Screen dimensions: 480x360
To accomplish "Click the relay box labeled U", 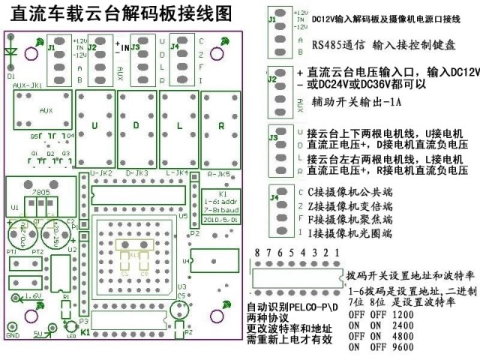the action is (x=95, y=126).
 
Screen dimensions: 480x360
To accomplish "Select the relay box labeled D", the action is (x=136, y=126).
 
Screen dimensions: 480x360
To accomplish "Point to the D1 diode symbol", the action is (x=10, y=53).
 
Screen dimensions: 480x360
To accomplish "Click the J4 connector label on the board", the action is (x=175, y=46).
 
